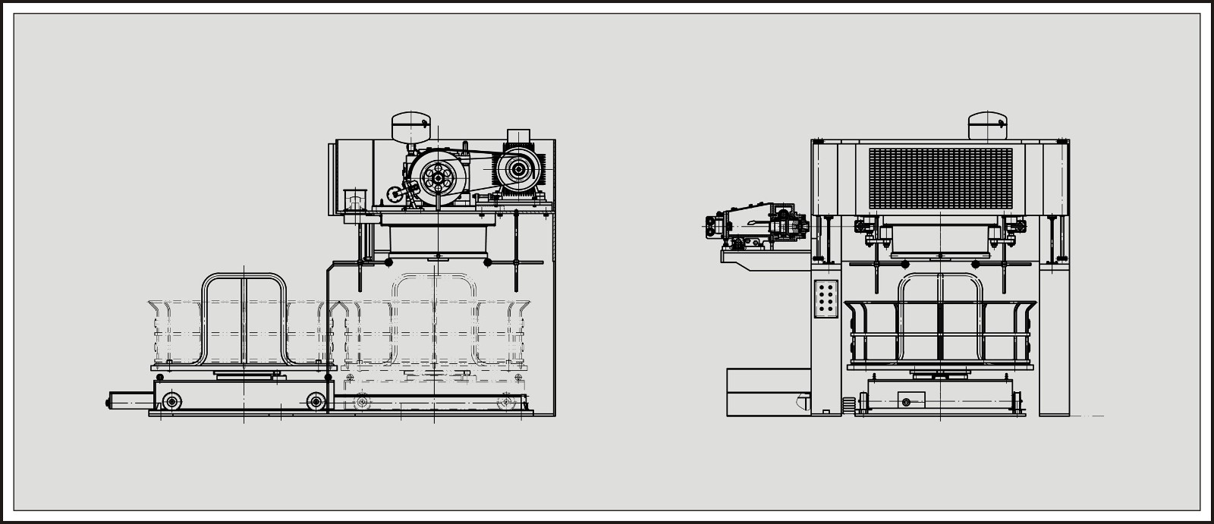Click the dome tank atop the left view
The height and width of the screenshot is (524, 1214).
[410, 126]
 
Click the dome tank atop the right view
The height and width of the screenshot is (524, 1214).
[987, 126]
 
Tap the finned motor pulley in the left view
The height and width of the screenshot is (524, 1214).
[519, 170]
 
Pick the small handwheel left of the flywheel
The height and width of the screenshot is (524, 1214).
[395, 195]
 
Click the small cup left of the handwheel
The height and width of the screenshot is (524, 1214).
[354, 199]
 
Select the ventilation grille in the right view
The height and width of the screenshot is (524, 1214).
[940, 179]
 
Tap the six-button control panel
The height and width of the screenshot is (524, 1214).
[826, 297]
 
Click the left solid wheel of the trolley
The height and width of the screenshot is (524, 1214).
[173, 400]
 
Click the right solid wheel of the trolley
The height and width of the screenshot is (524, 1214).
[314, 400]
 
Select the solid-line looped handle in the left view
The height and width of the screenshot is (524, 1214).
[244, 318]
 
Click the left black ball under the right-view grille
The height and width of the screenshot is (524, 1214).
[904, 264]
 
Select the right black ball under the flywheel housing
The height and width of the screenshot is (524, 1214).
[488, 262]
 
